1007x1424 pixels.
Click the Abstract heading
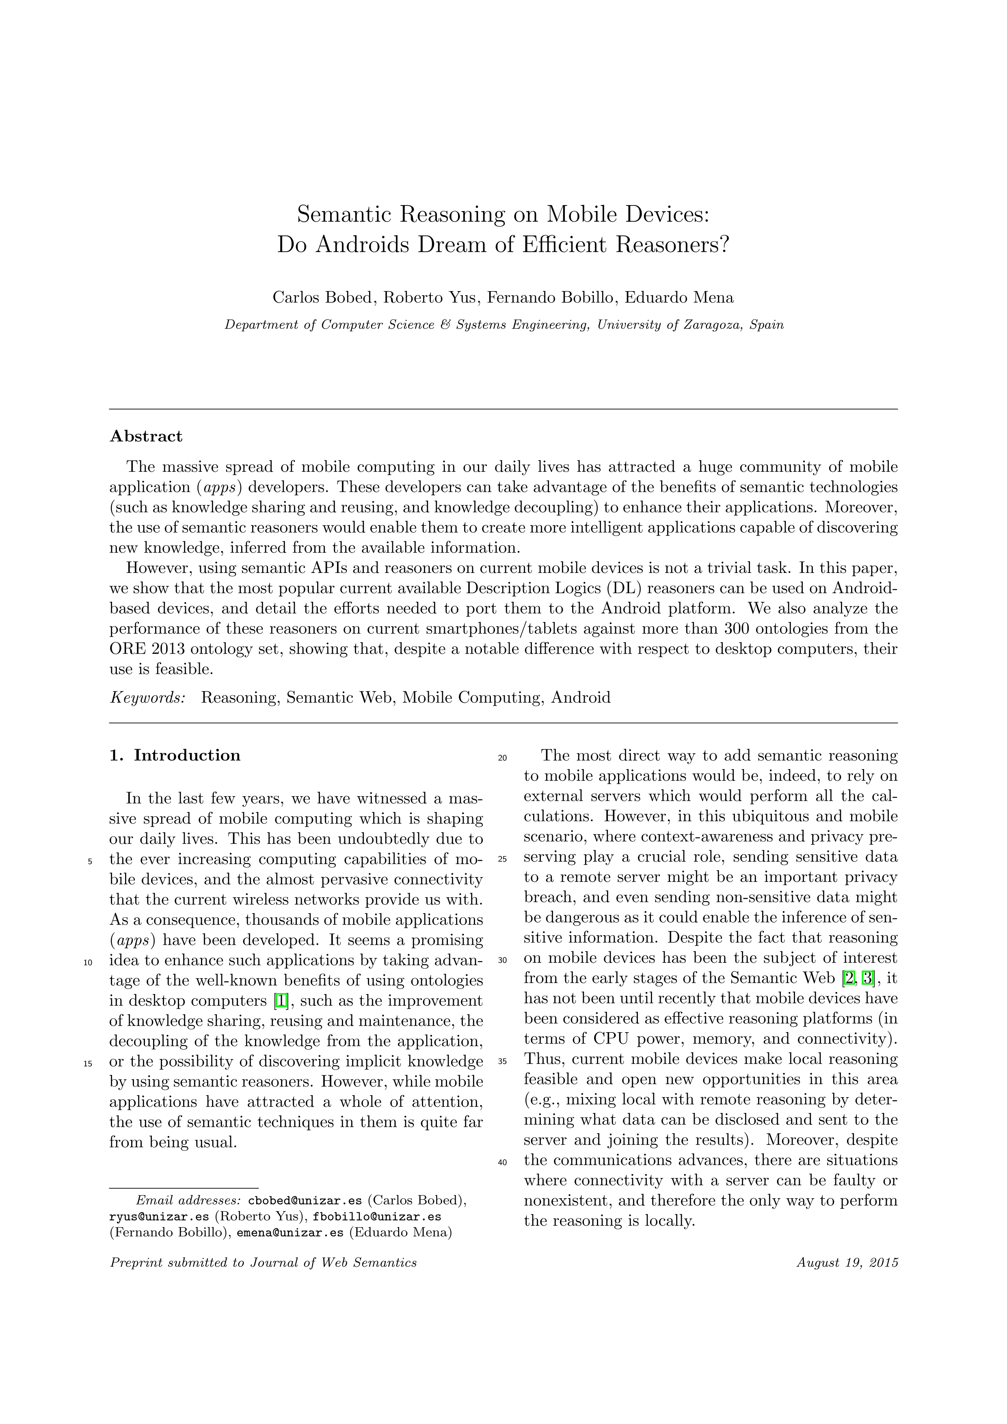coord(146,436)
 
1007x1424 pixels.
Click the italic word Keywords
coord(147,698)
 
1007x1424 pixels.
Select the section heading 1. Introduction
coord(175,755)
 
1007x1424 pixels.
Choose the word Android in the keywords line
coord(581,698)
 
